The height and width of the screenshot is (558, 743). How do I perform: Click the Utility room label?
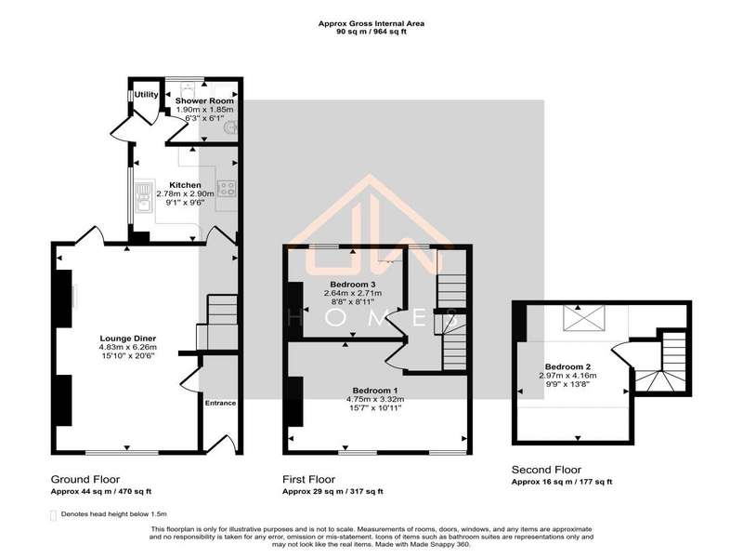point(146,95)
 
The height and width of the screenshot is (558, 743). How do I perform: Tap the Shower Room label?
point(204,100)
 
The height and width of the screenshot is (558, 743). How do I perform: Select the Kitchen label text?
point(185,185)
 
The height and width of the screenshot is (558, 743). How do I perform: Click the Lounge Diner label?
point(128,339)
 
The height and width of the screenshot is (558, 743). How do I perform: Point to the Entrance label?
point(220,403)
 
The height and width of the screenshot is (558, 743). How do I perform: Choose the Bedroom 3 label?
point(353,285)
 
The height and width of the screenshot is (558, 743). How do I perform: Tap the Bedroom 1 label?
point(375,391)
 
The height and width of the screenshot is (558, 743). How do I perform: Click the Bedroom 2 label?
point(567,366)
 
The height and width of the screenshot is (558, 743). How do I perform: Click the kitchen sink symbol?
point(144,197)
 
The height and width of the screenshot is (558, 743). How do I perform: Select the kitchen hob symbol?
point(226,189)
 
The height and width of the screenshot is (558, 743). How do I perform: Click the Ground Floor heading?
point(85,479)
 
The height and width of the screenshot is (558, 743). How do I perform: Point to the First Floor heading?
point(309,479)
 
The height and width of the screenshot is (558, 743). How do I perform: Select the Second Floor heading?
point(546,470)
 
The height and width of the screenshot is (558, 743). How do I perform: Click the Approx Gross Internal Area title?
point(371,23)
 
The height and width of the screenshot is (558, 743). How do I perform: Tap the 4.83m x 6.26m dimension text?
point(128,347)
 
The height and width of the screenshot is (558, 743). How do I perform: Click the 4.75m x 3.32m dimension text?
point(375,399)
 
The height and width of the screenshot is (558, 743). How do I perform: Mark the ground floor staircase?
point(217,323)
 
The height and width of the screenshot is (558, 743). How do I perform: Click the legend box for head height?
point(53,516)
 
